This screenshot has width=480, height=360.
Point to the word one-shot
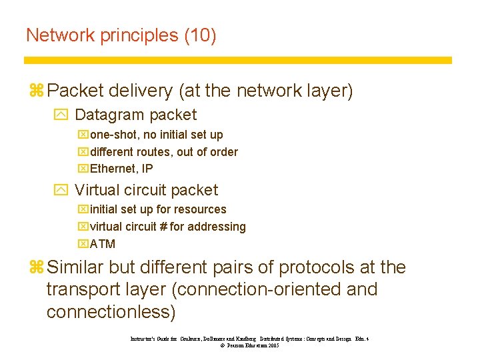tap(114, 135)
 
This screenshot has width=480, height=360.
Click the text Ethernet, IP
tap(121, 169)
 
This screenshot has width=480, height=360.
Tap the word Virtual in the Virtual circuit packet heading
tap(97, 190)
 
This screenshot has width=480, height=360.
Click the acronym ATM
tap(103, 244)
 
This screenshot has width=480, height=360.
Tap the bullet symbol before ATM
tap(83, 244)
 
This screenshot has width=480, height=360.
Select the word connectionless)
tap(111, 311)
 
